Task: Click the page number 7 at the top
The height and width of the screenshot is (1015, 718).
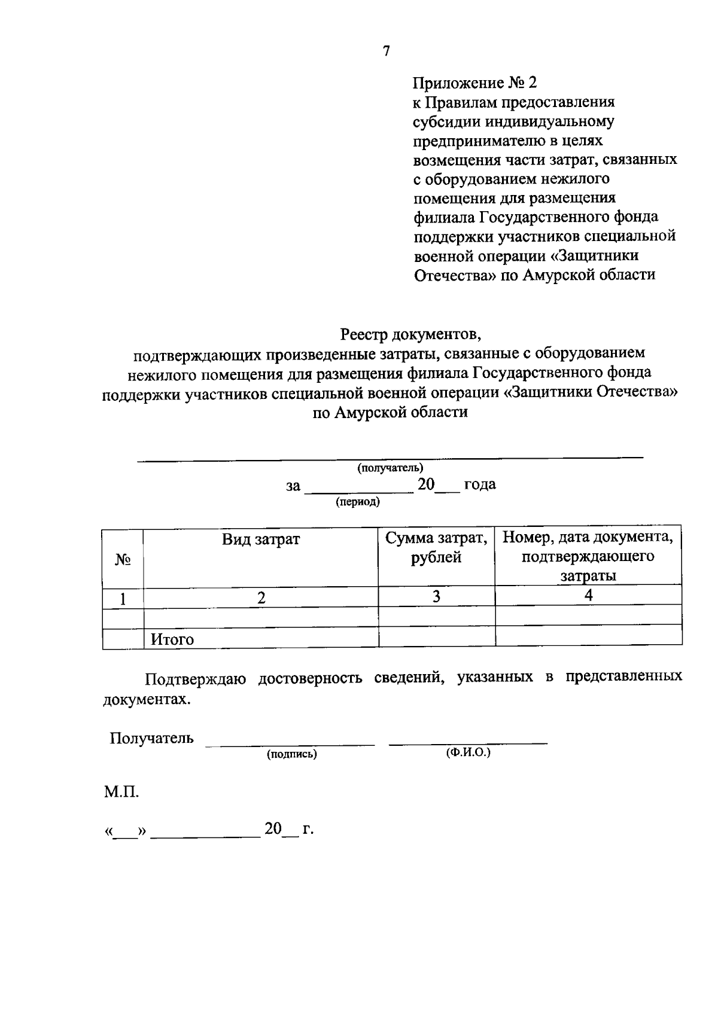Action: coord(386,51)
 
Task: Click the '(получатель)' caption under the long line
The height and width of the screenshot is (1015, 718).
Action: coord(390,468)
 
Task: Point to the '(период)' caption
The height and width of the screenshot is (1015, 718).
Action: coord(358,502)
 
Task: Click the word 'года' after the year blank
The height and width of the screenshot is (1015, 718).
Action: coord(480,484)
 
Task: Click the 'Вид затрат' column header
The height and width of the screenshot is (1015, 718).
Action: coord(261,539)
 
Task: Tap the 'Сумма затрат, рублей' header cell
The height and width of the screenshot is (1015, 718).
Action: coord(436,548)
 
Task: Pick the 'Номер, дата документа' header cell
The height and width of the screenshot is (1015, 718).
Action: coord(588,556)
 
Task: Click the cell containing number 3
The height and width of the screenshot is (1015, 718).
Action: coord(436,596)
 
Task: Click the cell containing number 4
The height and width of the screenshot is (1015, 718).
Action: coord(588,596)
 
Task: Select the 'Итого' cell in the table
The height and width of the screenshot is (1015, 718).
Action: coord(172,639)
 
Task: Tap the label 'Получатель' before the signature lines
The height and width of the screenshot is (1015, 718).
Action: coord(151,738)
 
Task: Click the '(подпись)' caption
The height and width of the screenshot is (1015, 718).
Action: coord(292,754)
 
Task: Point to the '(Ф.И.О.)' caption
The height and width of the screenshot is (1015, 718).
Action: coord(468,753)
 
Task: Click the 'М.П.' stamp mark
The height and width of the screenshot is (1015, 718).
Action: coord(121,793)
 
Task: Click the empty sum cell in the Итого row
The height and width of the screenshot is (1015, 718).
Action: coord(436,636)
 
